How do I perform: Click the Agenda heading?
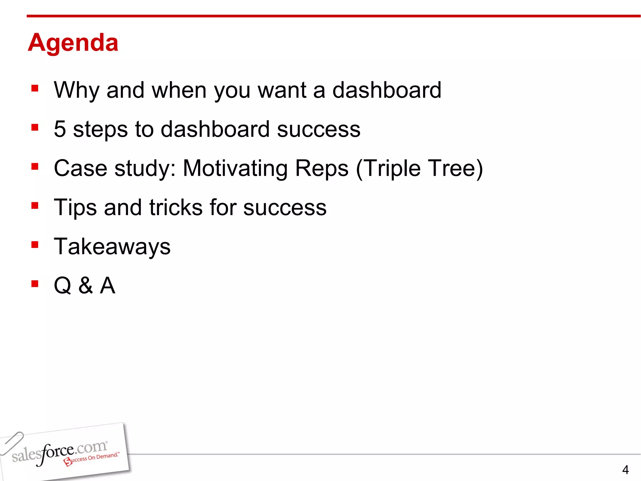pos(73,43)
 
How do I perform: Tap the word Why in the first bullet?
pos(77,91)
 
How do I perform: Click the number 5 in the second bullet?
pos(60,129)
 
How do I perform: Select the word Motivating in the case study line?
pos(235,169)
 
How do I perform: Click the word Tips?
pos(75,208)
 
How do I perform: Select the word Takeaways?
pos(112,247)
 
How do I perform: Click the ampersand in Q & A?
pos(85,286)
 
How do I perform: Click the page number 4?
pos(625,470)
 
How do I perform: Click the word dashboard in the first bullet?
pos(387,90)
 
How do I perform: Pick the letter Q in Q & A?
pos(63,286)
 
